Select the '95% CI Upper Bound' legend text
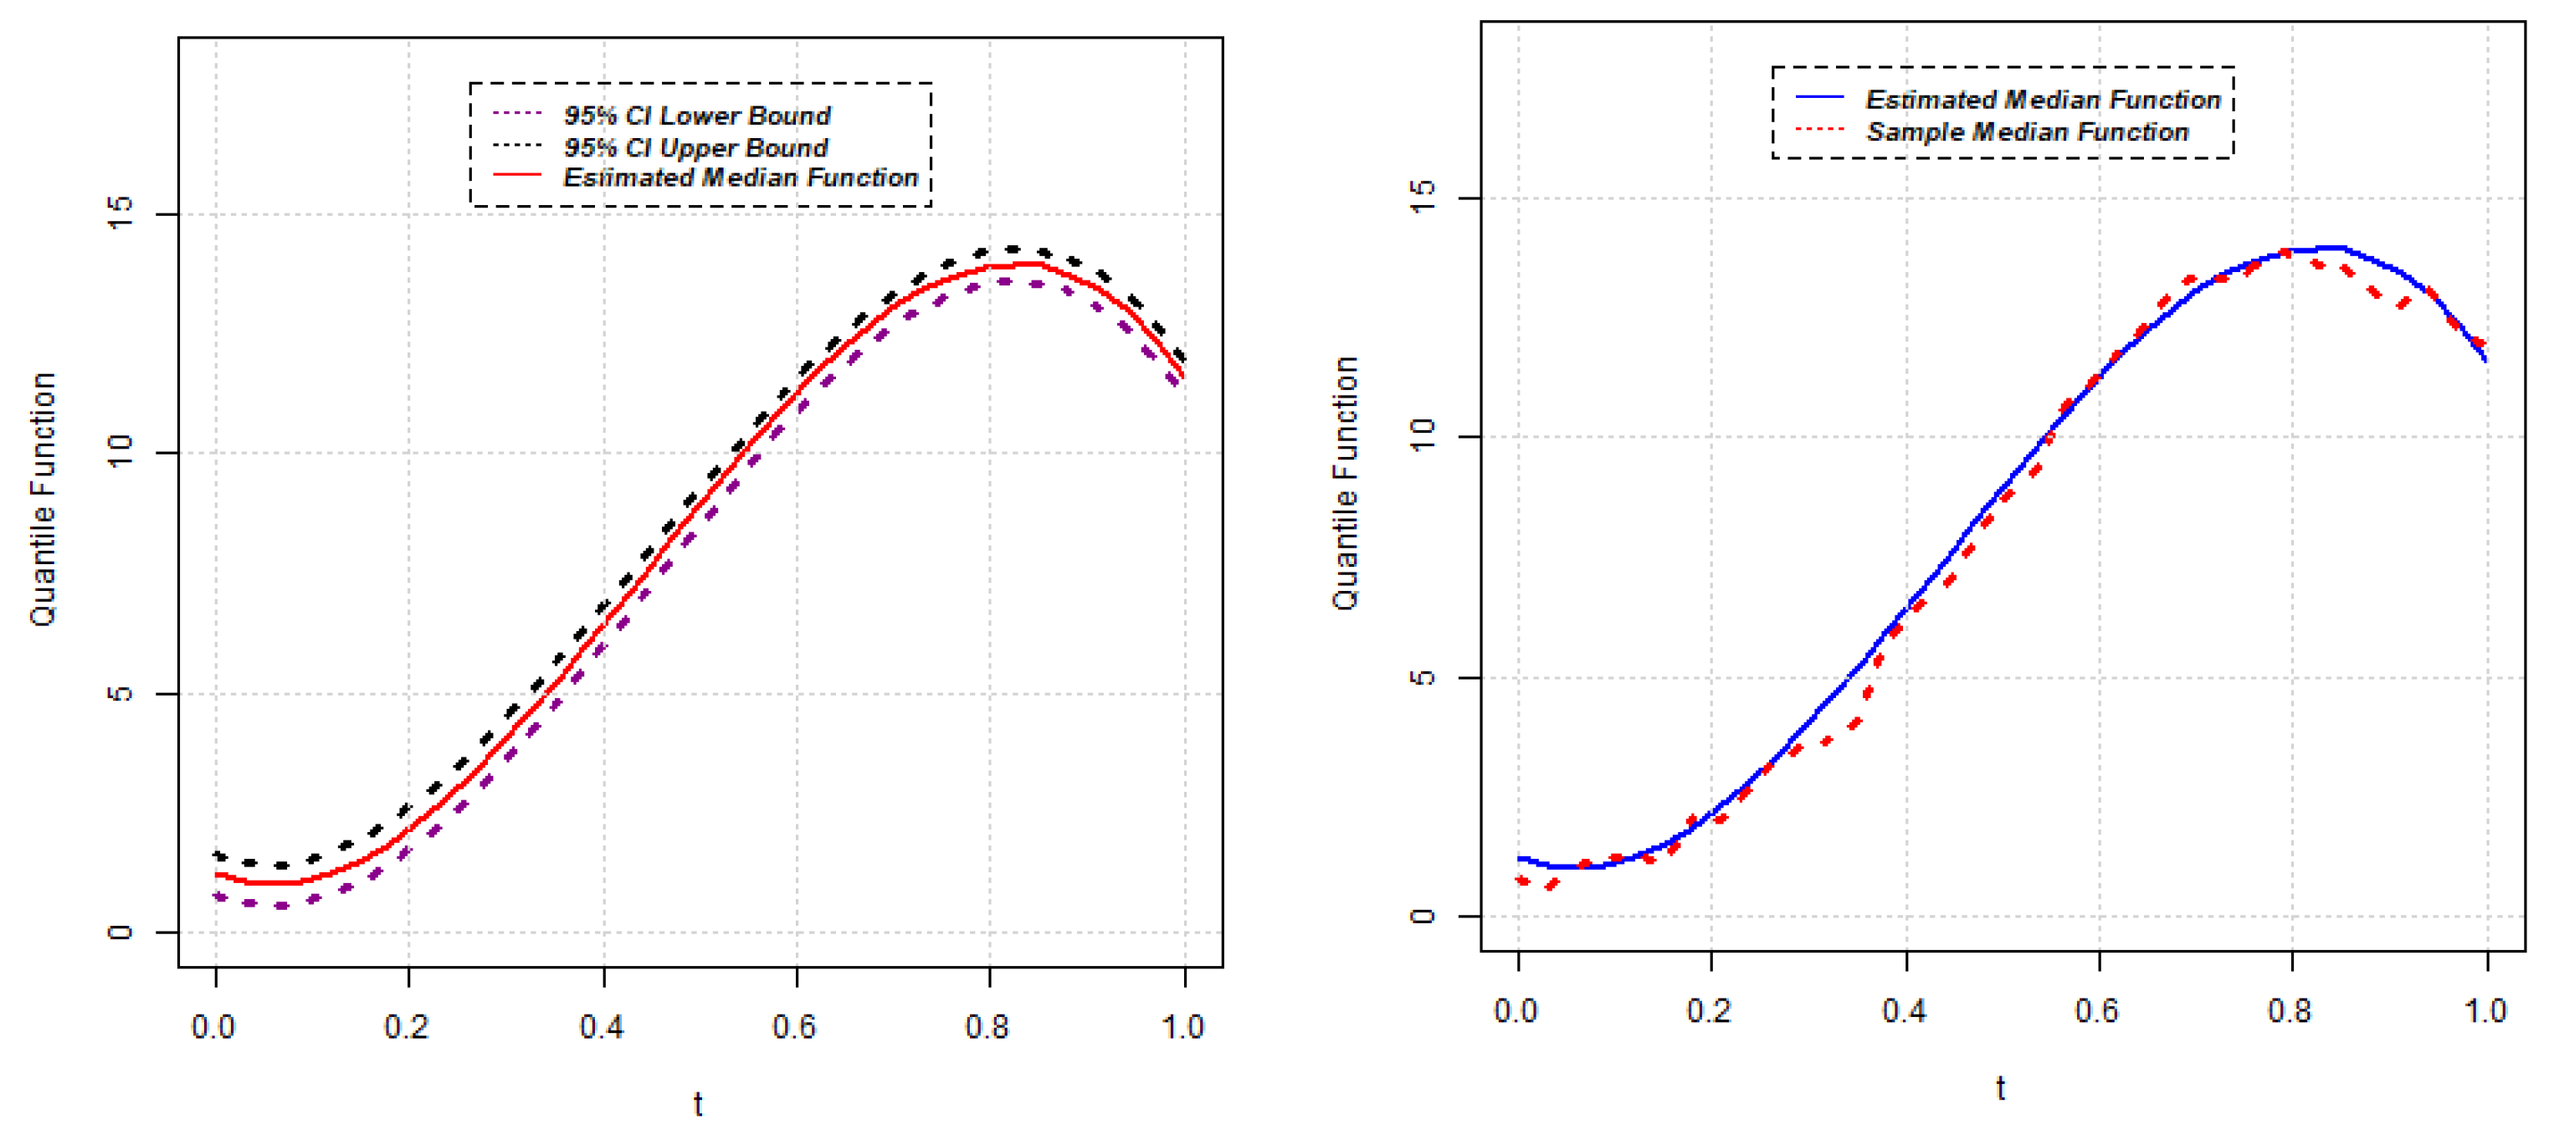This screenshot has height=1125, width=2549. [x=695, y=147]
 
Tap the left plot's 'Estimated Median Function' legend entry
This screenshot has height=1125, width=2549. [x=740, y=177]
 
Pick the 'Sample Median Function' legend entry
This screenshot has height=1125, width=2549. [x=2027, y=131]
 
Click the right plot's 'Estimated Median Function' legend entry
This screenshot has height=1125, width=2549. [x=2043, y=99]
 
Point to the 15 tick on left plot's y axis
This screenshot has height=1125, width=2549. [x=120, y=213]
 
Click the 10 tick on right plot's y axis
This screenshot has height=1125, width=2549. [x=1422, y=436]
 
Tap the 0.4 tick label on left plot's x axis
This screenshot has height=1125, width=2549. [x=602, y=1027]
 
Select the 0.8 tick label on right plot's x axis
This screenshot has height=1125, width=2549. [x=2290, y=1011]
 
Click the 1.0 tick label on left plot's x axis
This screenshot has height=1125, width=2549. [x=1182, y=1027]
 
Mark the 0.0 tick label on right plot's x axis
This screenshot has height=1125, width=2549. [x=1516, y=1011]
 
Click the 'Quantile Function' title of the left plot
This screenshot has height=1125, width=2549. [x=43, y=500]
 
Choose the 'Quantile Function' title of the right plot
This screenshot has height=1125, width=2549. [x=1345, y=484]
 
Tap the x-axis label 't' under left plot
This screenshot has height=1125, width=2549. [x=698, y=1103]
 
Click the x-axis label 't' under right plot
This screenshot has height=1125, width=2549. [x=2001, y=1088]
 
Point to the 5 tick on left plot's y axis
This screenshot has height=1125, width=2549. [x=120, y=692]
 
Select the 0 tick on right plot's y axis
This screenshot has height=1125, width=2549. [x=1422, y=915]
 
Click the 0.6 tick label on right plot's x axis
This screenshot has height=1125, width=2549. [x=2097, y=1011]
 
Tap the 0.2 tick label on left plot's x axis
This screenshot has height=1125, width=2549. [x=407, y=1027]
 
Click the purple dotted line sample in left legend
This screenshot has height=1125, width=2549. [x=517, y=114]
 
